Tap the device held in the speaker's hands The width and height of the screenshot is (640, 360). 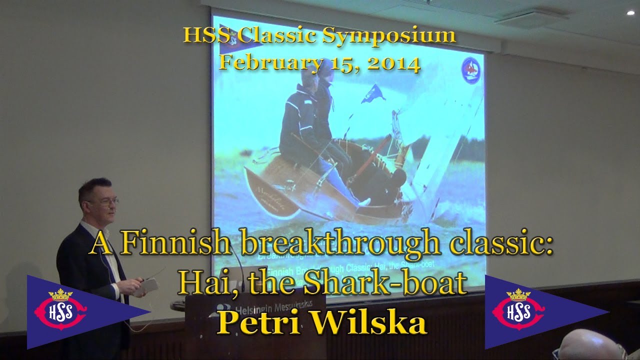[148, 285]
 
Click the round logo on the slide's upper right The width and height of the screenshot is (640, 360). [470, 70]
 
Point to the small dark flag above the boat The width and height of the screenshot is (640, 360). [372, 92]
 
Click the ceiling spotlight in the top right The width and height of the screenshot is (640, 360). [630, 13]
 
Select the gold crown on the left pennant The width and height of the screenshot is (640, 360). [60, 294]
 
